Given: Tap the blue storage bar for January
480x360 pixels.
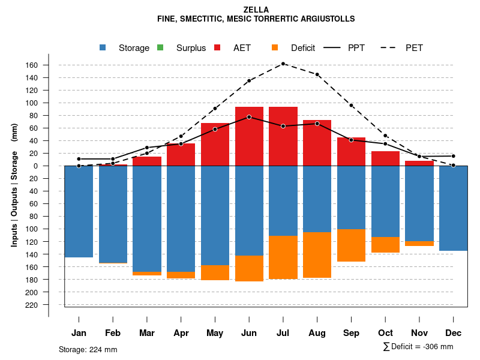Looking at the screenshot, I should click(x=79, y=211).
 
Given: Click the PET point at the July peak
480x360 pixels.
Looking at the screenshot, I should click(x=283, y=64).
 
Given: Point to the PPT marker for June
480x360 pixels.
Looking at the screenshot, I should click(x=249, y=117).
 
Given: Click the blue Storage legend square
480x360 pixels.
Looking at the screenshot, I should click(x=103, y=48).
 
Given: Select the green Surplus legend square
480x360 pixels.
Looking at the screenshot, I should click(x=160, y=48).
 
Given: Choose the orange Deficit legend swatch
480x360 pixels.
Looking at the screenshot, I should click(x=275, y=48).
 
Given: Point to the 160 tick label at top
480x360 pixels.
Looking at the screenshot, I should click(x=48, y=65).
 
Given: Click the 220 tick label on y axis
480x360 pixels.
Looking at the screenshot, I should click(x=48, y=305).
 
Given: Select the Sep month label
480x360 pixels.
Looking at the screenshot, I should click(x=352, y=333).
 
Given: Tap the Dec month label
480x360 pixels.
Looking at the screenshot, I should click(x=454, y=333).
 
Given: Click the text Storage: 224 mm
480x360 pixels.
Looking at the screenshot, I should click(x=88, y=349).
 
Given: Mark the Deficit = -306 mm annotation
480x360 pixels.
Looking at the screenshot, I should click(x=418, y=347).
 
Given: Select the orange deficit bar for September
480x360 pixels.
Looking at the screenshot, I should click(x=352, y=245).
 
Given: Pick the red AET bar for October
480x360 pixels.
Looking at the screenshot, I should click(x=386, y=160).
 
